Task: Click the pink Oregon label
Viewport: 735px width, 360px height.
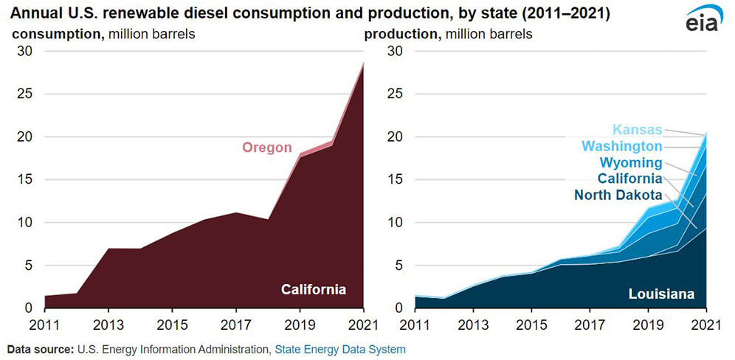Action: click(x=267, y=148)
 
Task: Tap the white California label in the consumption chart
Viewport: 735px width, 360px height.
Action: click(x=314, y=289)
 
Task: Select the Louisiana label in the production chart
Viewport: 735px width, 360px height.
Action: click(x=661, y=294)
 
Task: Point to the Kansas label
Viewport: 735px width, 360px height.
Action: click(x=637, y=129)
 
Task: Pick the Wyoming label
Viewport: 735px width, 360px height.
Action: click(x=631, y=162)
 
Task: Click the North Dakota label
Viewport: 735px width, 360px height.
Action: click(x=618, y=195)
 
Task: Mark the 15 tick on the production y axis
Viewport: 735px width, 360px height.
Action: click(x=387, y=179)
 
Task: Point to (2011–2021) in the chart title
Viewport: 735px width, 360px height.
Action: click(x=545, y=14)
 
